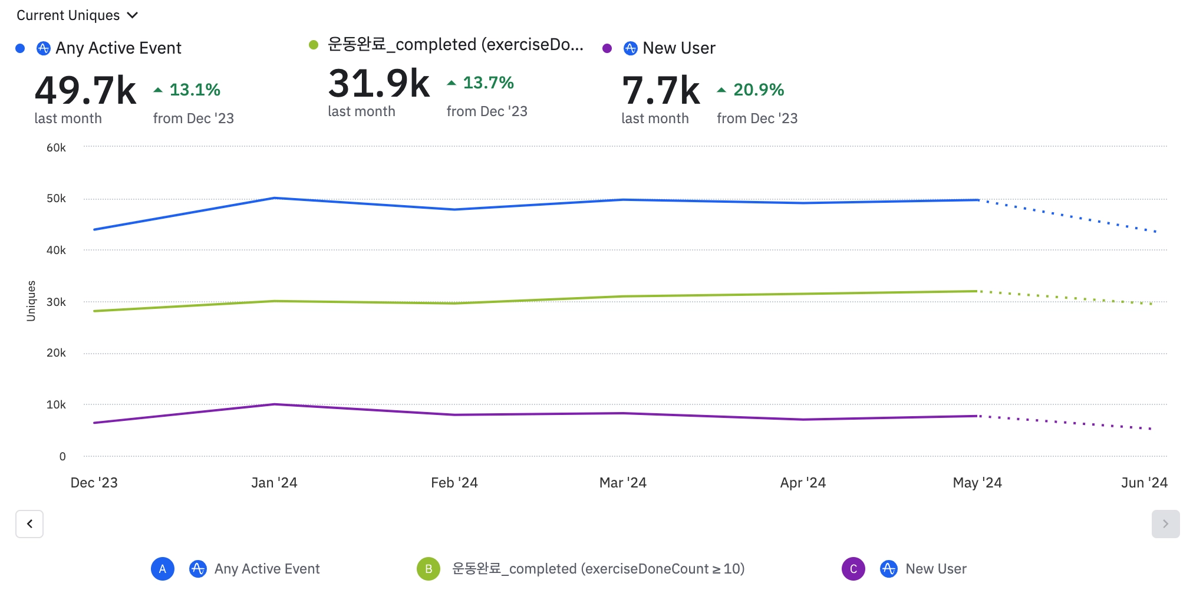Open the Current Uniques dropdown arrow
[133, 15]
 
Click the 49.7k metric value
[85, 91]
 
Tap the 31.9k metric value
[378, 84]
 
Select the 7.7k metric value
[661, 91]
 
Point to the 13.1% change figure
[195, 90]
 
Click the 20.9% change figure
[758, 90]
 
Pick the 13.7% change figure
[488, 83]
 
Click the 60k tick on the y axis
[56, 147]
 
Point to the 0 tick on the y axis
[62, 456]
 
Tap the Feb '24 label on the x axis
[454, 483]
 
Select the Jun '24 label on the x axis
[1143, 483]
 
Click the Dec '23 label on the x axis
[94, 483]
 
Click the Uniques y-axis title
[31, 301]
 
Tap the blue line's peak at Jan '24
[275, 198]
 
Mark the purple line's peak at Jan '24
[275, 404]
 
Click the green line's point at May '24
[977, 291]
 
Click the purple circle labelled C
[853, 569]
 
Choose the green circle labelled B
[429, 569]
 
